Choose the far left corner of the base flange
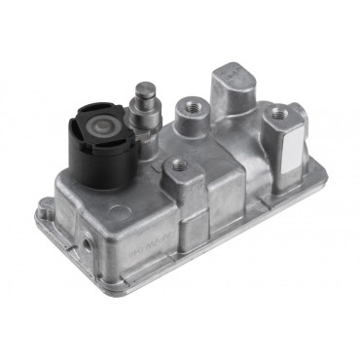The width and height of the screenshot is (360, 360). click(41, 206)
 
